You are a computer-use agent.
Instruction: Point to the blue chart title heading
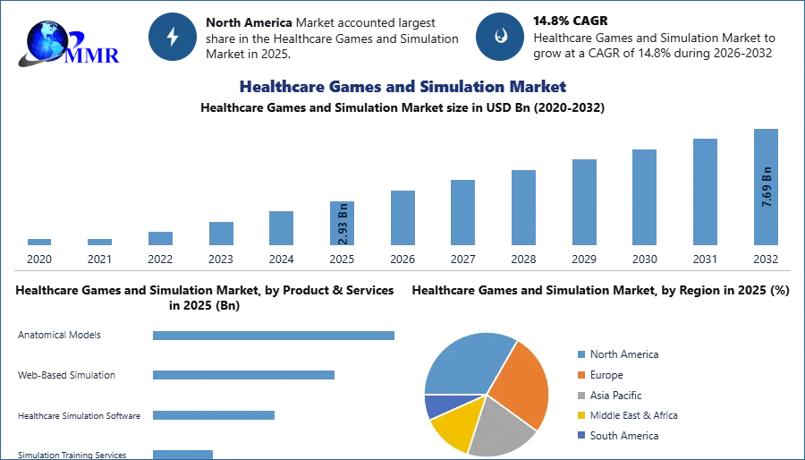tap(402, 87)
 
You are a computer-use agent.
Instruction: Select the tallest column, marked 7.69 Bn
tap(766, 188)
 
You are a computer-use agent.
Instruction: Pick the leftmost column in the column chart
tap(39, 243)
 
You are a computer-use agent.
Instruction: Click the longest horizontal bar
tap(275, 336)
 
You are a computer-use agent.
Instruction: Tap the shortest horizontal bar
tap(182, 451)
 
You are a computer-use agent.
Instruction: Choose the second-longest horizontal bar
tap(243, 372)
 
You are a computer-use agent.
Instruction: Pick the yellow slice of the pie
tap(453, 428)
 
